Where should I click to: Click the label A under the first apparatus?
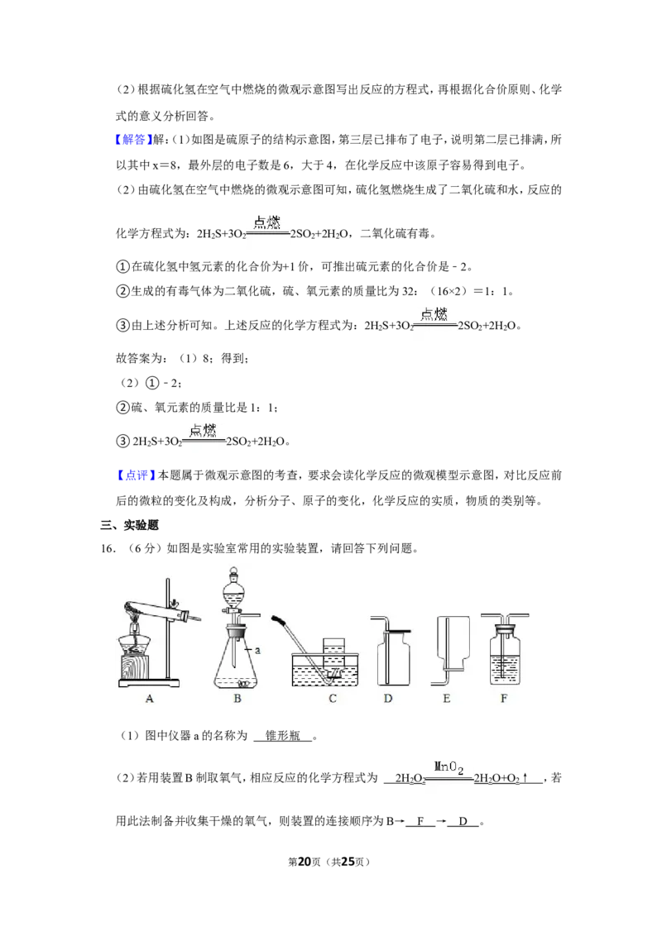point(150,699)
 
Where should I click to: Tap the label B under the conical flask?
point(237,699)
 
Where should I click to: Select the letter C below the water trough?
point(333,699)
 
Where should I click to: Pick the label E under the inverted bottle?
point(446,699)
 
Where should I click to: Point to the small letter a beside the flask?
point(257,650)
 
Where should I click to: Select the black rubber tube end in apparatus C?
point(278,621)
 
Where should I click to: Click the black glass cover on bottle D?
point(399,632)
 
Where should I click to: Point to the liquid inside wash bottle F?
point(505,669)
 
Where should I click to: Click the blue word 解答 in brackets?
point(134,140)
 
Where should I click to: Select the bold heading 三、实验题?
point(129,525)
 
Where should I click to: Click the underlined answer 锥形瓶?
point(283,736)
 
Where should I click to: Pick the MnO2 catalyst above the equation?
point(449,767)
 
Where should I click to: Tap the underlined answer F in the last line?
point(420,821)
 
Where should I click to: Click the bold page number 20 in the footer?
point(305,862)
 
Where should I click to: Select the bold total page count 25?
point(348,862)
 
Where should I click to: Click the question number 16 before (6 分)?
point(108,548)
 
